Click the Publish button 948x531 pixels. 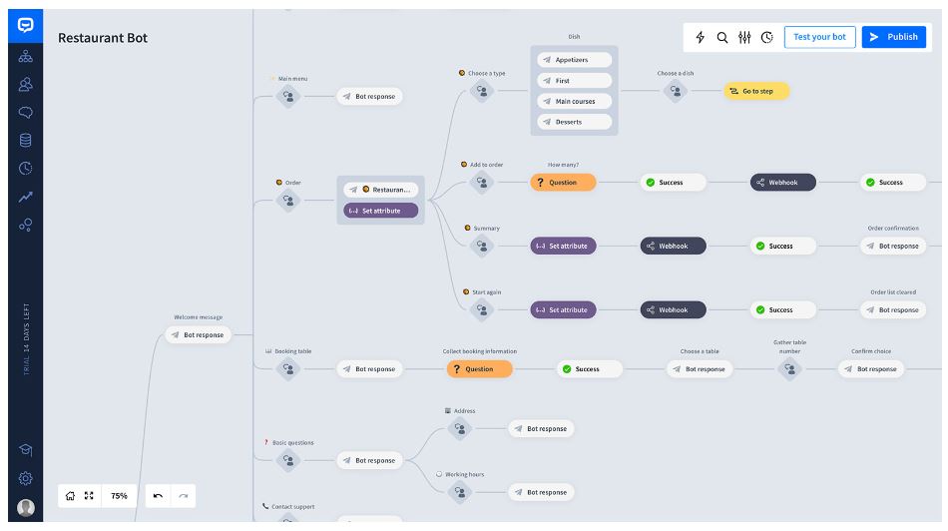point(893,37)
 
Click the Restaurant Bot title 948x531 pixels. point(103,38)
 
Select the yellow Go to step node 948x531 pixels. point(756,91)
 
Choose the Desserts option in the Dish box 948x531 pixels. point(574,122)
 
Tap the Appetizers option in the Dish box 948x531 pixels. point(574,60)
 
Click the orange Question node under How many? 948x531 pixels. point(563,183)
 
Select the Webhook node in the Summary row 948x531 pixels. point(673,246)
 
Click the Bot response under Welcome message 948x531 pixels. point(198,335)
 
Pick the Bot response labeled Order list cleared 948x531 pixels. point(893,310)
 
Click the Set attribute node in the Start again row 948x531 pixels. point(563,310)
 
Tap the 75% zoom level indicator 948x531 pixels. point(119,496)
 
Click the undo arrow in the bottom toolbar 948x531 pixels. point(158,496)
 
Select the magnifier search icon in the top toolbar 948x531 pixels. point(722,37)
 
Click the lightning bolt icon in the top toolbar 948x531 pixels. point(700,37)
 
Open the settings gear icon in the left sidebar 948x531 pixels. point(25,479)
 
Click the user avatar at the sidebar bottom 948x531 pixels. point(25,507)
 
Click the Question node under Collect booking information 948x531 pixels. point(479,369)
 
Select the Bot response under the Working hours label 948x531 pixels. point(541,492)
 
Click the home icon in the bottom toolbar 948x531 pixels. point(70,496)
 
